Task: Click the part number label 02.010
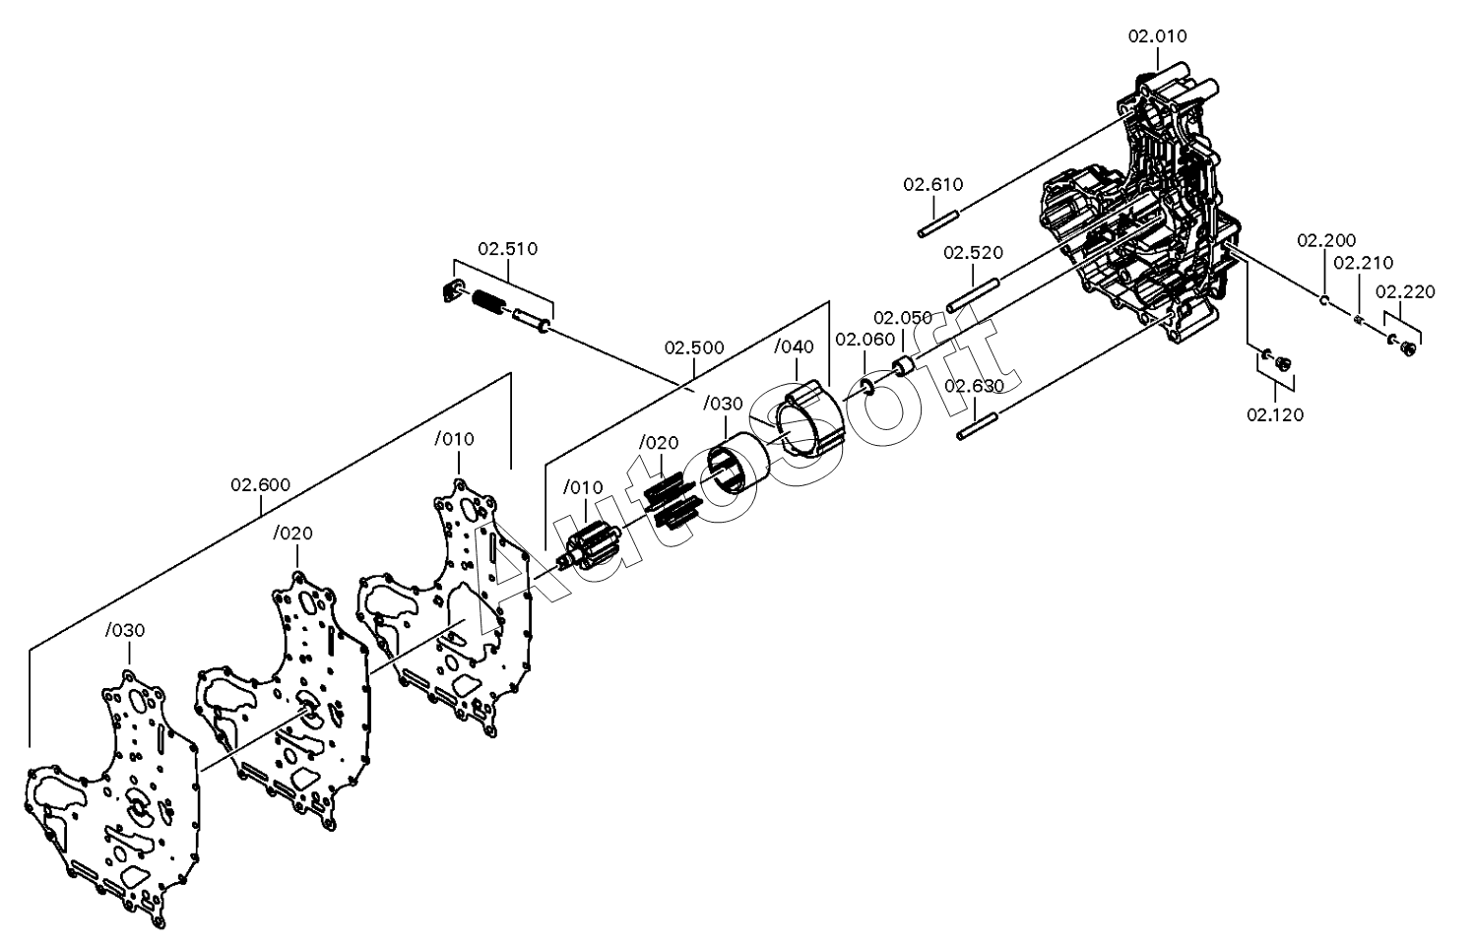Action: [1157, 36]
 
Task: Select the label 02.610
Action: [933, 185]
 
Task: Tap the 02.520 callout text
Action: [973, 252]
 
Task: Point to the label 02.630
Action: [975, 386]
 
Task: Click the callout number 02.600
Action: [260, 485]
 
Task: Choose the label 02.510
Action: [508, 249]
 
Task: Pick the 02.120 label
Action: [1275, 414]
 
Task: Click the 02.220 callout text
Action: [1405, 291]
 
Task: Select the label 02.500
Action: [694, 347]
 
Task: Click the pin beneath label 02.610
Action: [940, 222]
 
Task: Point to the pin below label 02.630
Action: [978, 426]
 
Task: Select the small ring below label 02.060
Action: [866, 386]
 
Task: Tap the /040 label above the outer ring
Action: [794, 346]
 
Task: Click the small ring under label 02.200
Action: [1324, 300]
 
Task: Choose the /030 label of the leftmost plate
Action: [125, 630]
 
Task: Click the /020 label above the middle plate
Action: [293, 534]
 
